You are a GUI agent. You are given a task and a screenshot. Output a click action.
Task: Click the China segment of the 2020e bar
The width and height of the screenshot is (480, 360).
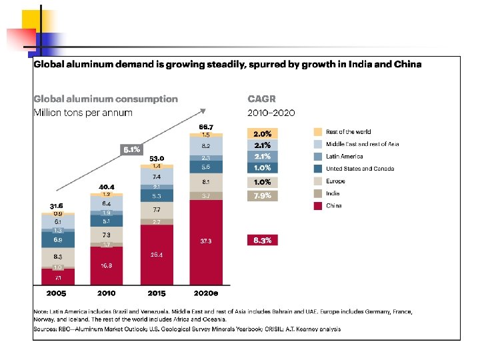(x=206, y=242)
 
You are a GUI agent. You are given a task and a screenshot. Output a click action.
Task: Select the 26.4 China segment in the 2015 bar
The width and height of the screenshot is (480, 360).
(x=156, y=254)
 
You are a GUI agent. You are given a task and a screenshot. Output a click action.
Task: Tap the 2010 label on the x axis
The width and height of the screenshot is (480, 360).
(x=106, y=293)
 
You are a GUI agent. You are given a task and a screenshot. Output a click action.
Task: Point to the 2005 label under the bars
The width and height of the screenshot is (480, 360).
(x=56, y=293)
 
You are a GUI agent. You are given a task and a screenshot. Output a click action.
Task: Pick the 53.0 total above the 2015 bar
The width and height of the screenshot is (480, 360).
(x=157, y=159)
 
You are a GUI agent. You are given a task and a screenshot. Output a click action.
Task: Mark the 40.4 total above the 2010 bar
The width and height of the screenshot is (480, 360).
(x=107, y=187)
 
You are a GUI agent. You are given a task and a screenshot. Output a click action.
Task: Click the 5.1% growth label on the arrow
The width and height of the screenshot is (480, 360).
(x=131, y=150)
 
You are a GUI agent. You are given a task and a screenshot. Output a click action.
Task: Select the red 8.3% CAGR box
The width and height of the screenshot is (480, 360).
(x=262, y=240)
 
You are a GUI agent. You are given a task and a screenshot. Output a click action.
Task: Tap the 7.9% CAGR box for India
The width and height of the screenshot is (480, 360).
(x=262, y=195)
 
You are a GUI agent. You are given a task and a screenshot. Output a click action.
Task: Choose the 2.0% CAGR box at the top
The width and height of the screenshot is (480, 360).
(x=262, y=133)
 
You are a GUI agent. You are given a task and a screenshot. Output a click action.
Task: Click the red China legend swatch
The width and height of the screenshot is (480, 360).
(x=318, y=206)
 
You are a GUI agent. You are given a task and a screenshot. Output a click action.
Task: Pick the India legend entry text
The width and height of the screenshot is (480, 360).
(x=333, y=193)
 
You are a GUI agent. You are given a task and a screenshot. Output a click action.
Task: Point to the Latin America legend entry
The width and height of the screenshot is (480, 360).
(x=344, y=157)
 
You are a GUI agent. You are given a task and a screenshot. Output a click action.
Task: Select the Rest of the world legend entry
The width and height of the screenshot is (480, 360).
(x=348, y=132)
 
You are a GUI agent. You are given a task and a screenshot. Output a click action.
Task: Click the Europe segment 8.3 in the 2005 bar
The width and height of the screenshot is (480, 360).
(x=58, y=255)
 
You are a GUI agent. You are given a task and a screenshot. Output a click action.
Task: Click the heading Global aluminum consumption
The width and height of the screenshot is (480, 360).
(x=106, y=99)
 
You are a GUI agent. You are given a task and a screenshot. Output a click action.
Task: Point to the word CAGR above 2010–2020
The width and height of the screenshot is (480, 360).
(x=261, y=99)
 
